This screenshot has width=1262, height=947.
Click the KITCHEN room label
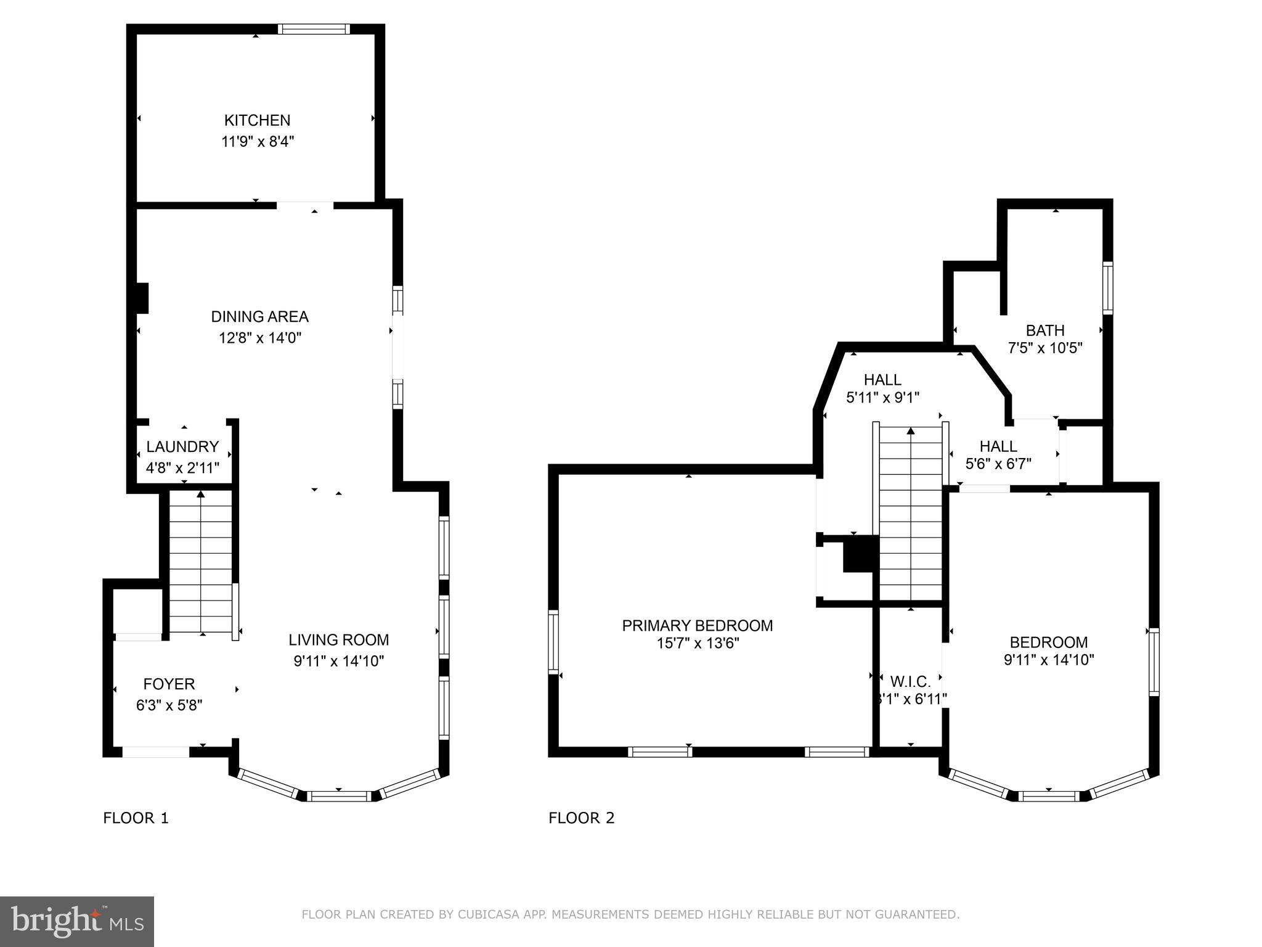tap(257, 120)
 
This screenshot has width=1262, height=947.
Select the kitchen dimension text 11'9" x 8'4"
tap(258, 142)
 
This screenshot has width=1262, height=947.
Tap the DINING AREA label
tap(259, 317)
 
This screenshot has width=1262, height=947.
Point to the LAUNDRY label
tap(182, 446)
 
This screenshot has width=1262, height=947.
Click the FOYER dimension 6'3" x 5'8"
tap(169, 705)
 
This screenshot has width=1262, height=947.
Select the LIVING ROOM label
tap(339, 640)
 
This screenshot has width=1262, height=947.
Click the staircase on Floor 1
tap(201, 561)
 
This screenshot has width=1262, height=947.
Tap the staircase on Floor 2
tap(910, 512)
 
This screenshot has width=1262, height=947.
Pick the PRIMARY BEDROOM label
tap(697, 626)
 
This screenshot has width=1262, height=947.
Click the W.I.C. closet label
tap(910, 682)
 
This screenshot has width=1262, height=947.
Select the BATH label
tap(1045, 330)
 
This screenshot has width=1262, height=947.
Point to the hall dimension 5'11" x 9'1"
tap(882, 398)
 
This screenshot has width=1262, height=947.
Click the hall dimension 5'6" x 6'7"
tap(998, 464)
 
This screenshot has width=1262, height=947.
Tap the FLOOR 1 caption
tap(136, 818)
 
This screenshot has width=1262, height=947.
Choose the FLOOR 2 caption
tap(581, 818)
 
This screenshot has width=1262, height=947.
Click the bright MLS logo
tap(76, 922)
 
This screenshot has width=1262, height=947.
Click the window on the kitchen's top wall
tap(313, 29)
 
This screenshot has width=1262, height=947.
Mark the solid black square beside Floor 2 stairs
tap(860, 554)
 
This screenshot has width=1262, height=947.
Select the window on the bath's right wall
tap(1107, 288)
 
